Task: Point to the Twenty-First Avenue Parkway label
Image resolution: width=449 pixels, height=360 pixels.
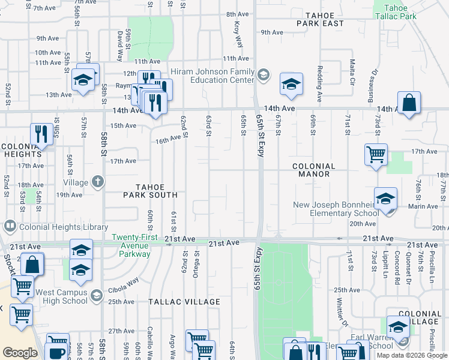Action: (134, 245)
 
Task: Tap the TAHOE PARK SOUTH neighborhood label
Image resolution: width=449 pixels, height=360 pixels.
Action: (150, 191)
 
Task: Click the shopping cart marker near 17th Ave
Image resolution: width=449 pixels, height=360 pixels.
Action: (376, 154)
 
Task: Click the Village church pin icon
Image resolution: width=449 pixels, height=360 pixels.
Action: (98, 182)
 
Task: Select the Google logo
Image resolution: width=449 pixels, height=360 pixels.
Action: (20, 353)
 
